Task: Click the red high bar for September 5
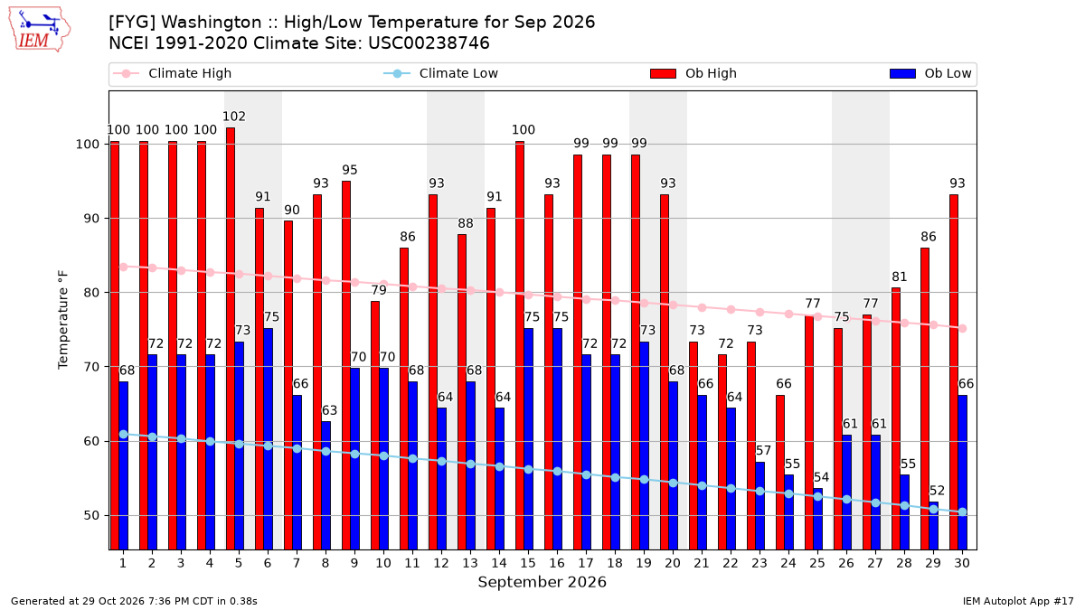coord(231,338)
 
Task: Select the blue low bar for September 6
coord(268,438)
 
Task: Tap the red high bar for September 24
coord(779,472)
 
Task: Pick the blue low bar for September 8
coord(326,485)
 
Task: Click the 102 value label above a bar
coord(234,117)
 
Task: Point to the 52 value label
coord(937,491)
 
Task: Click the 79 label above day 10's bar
coord(379,290)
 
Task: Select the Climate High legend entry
coord(173,73)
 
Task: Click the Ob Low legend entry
coord(930,73)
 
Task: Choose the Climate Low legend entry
coord(441,73)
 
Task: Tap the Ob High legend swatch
coord(663,73)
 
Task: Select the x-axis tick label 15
coord(528,563)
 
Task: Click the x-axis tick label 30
coord(962,563)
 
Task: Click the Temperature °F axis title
coord(63,320)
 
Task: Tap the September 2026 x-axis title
coord(542,582)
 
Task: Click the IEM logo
coord(40,30)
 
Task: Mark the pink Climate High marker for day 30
coord(962,328)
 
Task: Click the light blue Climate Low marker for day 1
coord(124,435)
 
